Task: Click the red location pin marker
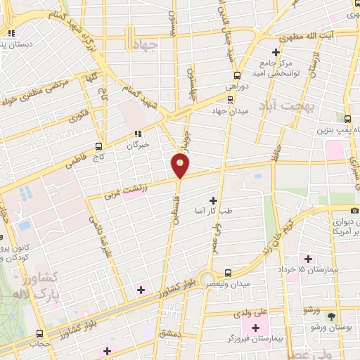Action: coord(181,165)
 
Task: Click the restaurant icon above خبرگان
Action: coord(139,132)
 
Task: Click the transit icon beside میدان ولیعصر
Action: coord(227,273)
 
